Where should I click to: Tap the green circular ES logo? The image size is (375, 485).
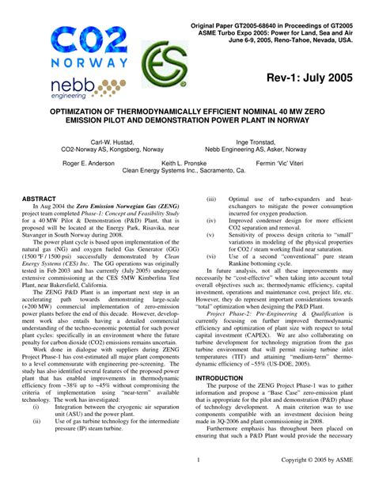pyautogui.click(x=161, y=66)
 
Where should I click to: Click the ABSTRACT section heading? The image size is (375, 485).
pyautogui.click(x=40, y=199)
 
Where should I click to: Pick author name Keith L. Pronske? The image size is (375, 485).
pyautogui.click(x=185, y=162)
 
